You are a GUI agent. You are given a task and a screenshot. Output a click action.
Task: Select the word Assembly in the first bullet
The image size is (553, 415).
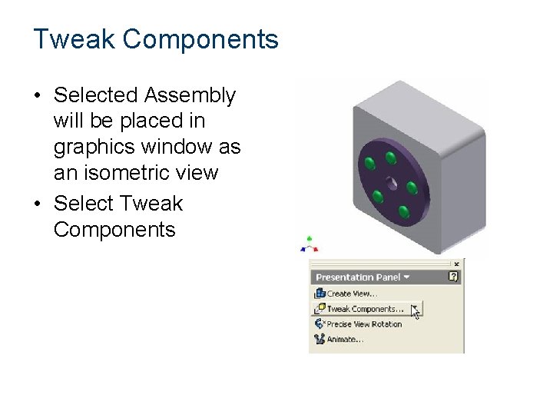[190, 95]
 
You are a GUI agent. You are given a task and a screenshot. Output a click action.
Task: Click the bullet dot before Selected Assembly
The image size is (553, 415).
[38, 96]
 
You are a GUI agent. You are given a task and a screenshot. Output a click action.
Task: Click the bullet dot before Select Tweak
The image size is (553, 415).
[38, 204]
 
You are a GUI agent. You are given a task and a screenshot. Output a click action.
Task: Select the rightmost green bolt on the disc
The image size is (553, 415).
[412, 188]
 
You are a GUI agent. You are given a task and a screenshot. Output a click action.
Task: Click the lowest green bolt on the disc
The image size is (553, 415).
[402, 211]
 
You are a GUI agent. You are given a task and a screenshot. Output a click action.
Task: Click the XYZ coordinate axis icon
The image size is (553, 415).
[309, 244]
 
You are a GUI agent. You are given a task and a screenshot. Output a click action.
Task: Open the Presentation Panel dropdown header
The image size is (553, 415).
[363, 277]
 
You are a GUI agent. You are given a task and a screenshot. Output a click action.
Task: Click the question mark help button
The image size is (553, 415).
[454, 277]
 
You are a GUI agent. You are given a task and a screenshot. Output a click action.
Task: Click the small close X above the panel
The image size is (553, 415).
[456, 264]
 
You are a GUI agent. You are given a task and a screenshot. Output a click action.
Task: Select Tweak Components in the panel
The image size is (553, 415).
[364, 309]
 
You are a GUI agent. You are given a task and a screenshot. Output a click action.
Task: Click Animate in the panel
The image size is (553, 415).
[342, 340]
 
